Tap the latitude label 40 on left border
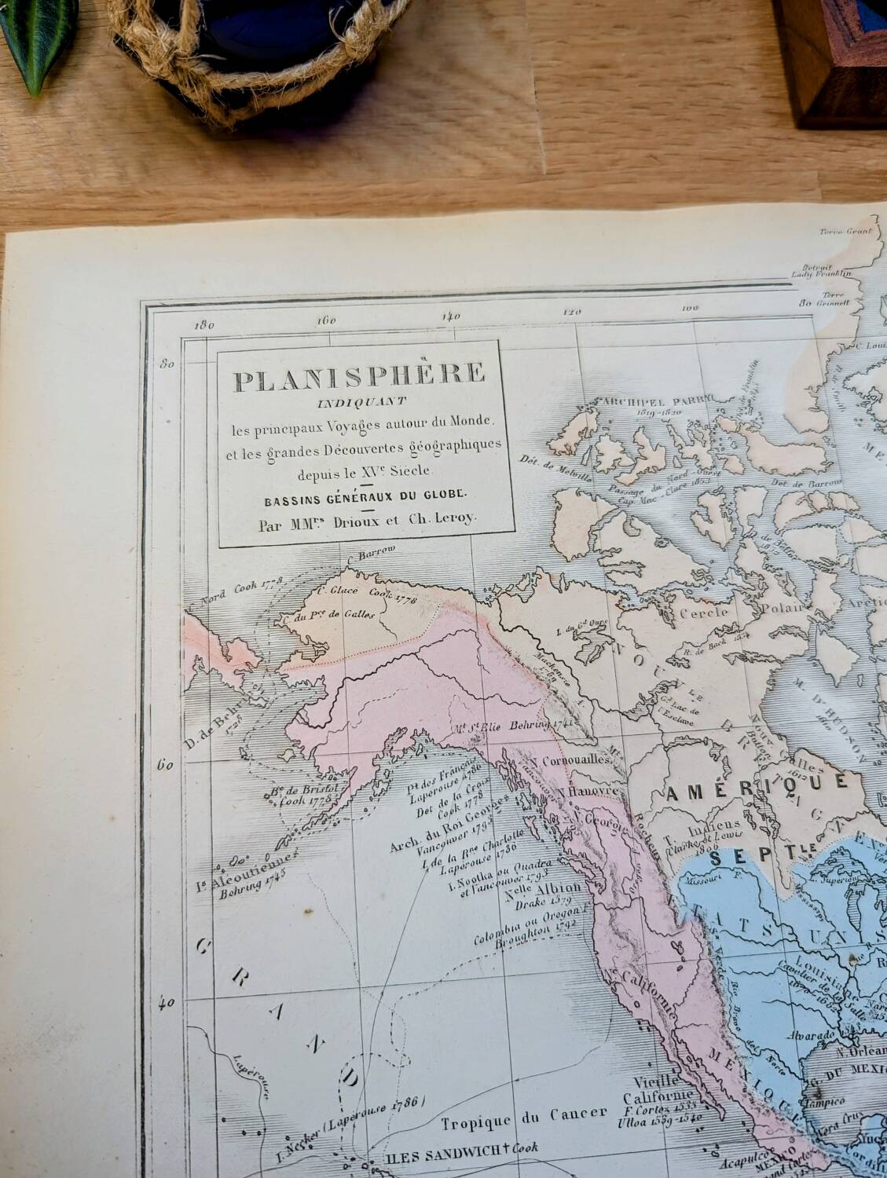(x=167, y=1003)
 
